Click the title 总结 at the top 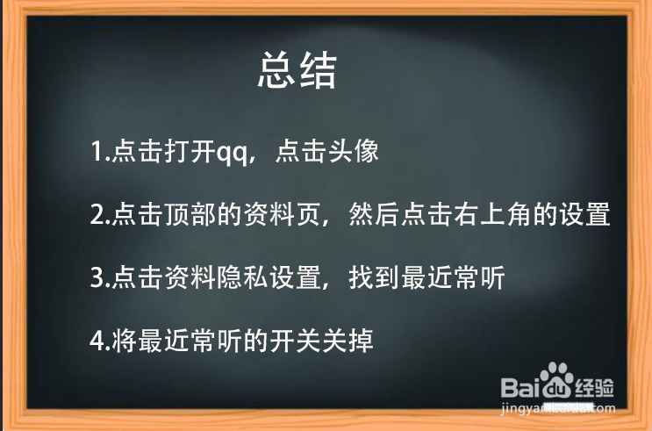297,71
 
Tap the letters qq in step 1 232,152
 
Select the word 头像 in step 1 354,151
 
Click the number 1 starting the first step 96,151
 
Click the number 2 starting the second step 97,215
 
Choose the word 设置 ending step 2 584,214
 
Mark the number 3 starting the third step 97,278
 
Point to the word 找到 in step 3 375,277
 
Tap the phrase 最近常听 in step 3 453,277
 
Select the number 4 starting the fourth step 97,341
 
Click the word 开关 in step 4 296,341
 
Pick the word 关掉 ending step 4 347,341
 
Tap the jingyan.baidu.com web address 558,408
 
